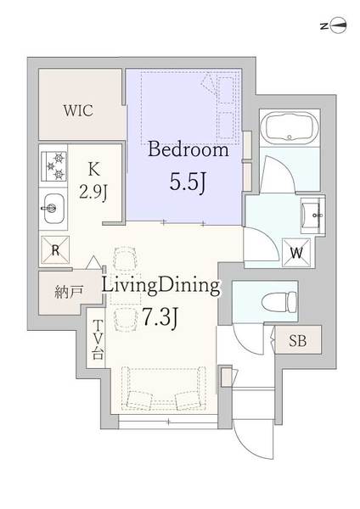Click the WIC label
pyautogui.click(x=78, y=110)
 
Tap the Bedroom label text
pyautogui.click(x=188, y=150)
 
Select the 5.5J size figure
pyautogui.click(x=188, y=182)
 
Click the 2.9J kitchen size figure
pyautogui.click(x=93, y=193)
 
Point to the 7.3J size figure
pyautogui.click(x=160, y=317)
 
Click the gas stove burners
pyautogui.click(x=54, y=166)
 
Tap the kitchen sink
pyautogui.click(x=53, y=209)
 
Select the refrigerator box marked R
pyautogui.click(x=55, y=250)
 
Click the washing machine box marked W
pyautogui.click(x=296, y=253)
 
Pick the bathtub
pyautogui.click(x=290, y=126)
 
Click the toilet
pyautogui.click(x=279, y=300)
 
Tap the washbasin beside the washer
pyautogui.click(x=312, y=214)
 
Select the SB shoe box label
pyautogui.click(x=298, y=340)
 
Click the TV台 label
pyautogui.click(x=97, y=339)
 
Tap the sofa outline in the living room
pyautogui.click(x=163, y=388)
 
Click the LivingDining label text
pyautogui.click(x=161, y=286)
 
